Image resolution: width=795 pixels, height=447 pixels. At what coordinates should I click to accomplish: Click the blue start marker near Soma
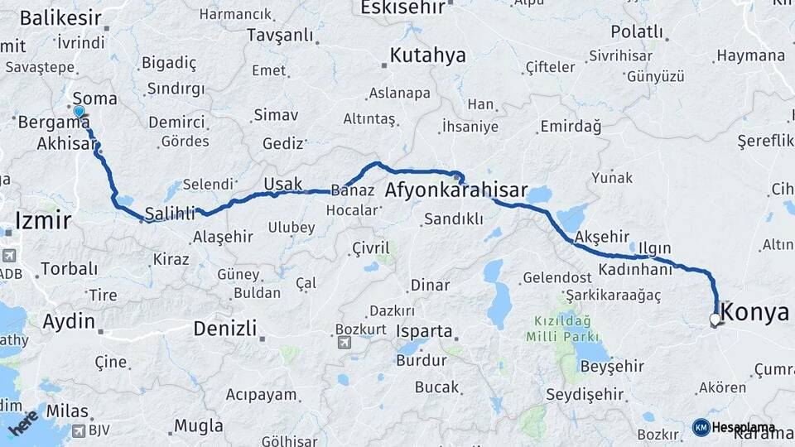click(x=79, y=112)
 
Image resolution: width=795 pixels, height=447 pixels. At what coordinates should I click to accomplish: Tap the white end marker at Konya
click(x=715, y=318)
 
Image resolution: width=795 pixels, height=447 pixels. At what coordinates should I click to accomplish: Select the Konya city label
click(x=755, y=313)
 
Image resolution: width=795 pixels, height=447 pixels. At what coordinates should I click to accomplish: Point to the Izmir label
click(x=43, y=220)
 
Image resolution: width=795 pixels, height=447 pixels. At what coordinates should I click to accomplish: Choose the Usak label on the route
click(x=283, y=184)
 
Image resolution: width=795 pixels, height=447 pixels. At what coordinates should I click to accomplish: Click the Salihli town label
click(x=170, y=214)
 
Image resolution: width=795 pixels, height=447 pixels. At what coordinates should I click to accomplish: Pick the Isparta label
click(x=425, y=332)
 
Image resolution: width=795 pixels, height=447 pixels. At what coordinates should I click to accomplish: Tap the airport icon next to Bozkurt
click(x=344, y=342)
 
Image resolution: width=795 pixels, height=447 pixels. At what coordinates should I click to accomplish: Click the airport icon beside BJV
click(x=79, y=430)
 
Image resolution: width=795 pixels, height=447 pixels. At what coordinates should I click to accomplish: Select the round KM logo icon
click(x=701, y=427)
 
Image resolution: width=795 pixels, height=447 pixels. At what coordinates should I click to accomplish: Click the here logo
click(x=22, y=423)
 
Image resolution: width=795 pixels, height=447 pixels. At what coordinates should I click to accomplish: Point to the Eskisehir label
click(x=404, y=7)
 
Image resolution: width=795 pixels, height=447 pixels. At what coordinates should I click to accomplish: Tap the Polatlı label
click(x=637, y=31)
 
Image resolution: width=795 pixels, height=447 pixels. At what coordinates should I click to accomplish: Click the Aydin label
click(x=68, y=321)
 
